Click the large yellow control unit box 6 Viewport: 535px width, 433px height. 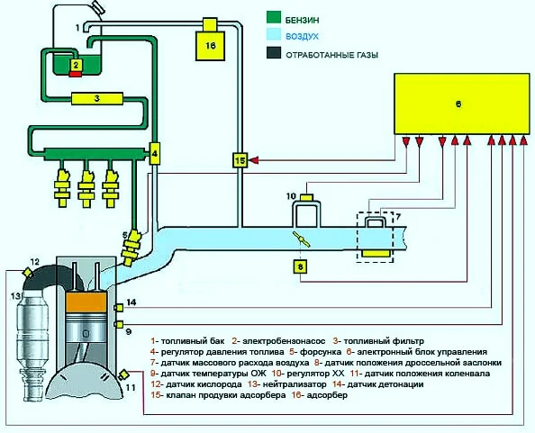[461, 104]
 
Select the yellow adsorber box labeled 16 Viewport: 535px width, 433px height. [210, 46]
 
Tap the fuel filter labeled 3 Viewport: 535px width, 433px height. [97, 98]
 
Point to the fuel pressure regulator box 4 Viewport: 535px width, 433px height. [155, 153]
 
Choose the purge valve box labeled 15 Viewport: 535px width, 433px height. [240, 160]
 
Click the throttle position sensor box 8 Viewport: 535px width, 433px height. [300, 267]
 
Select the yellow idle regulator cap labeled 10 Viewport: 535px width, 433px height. [307, 197]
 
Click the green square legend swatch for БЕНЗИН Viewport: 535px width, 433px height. [274, 18]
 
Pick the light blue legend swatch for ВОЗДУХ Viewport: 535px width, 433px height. [274, 35]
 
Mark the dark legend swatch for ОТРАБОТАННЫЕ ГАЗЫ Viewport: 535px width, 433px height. [274, 53]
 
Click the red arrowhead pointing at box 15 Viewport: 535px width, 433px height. [254, 160]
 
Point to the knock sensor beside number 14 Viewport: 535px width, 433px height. [118, 308]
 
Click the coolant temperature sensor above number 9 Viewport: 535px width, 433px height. [118, 324]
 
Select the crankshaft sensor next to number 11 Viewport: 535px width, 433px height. [122, 374]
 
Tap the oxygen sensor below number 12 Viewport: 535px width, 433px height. [27, 273]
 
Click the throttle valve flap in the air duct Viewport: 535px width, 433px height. [302, 239]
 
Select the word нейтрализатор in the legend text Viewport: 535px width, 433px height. [295, 384]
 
